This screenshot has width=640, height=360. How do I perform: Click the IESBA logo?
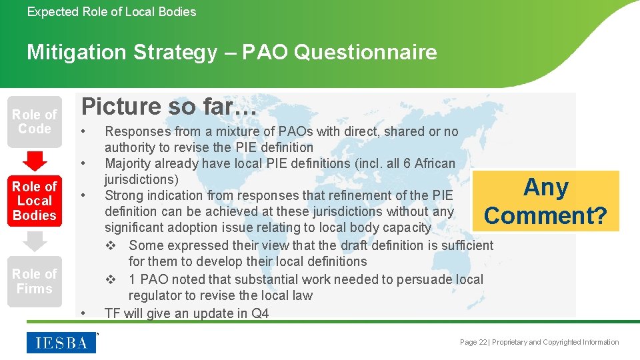[x=61, y=342]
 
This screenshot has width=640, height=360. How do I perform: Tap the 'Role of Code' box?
[x=35, y=122]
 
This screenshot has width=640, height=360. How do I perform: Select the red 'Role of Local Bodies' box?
[x=35, y=201]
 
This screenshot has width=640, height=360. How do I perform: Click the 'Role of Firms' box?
[x=35, y=281]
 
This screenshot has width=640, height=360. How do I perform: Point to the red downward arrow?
[x=35, y=161]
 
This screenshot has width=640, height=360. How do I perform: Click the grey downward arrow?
[x=35, y=241]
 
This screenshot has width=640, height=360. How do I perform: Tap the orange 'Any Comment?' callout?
[x=545, y=201]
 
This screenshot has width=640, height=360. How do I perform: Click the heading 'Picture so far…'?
[x=169, y=106]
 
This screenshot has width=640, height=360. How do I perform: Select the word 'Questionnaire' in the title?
[x=365, y=52]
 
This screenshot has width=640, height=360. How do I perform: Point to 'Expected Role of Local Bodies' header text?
[x=111, y=11]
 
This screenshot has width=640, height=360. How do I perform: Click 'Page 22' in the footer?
[x=473, y=342]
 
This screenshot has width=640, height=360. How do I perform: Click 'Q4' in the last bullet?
[x=260, y=313]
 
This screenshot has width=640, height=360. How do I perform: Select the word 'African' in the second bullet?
[x=434, y=163]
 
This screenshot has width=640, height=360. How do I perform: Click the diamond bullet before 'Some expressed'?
[x=111, y=245]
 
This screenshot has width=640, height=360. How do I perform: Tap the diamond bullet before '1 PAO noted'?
[x=111, y=279]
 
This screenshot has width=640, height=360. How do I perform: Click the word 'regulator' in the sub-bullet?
[x=155, y=295]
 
